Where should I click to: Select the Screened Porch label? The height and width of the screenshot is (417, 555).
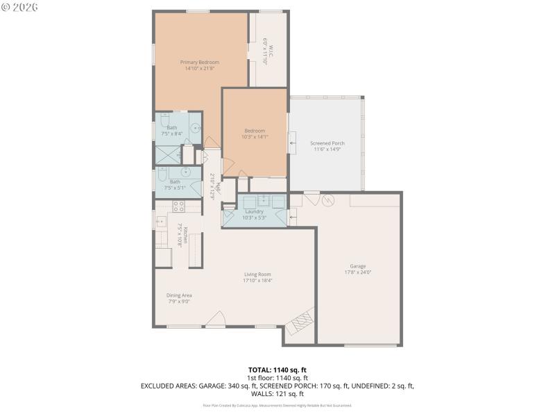coord(327,143)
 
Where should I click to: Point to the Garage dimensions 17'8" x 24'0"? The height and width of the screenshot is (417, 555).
coord(358,272)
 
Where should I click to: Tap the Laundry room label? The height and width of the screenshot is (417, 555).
coord(254,211)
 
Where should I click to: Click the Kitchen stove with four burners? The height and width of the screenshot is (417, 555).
coord(178,206)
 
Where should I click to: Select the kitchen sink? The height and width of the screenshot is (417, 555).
coord(160,222)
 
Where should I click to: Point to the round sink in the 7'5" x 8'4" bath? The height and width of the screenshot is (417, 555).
coord(195,128)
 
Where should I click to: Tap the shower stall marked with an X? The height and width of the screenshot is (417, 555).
coord(167,154)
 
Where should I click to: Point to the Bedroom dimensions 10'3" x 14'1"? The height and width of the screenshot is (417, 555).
coord(254,137)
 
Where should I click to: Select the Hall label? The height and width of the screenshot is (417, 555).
coord(216,186)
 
